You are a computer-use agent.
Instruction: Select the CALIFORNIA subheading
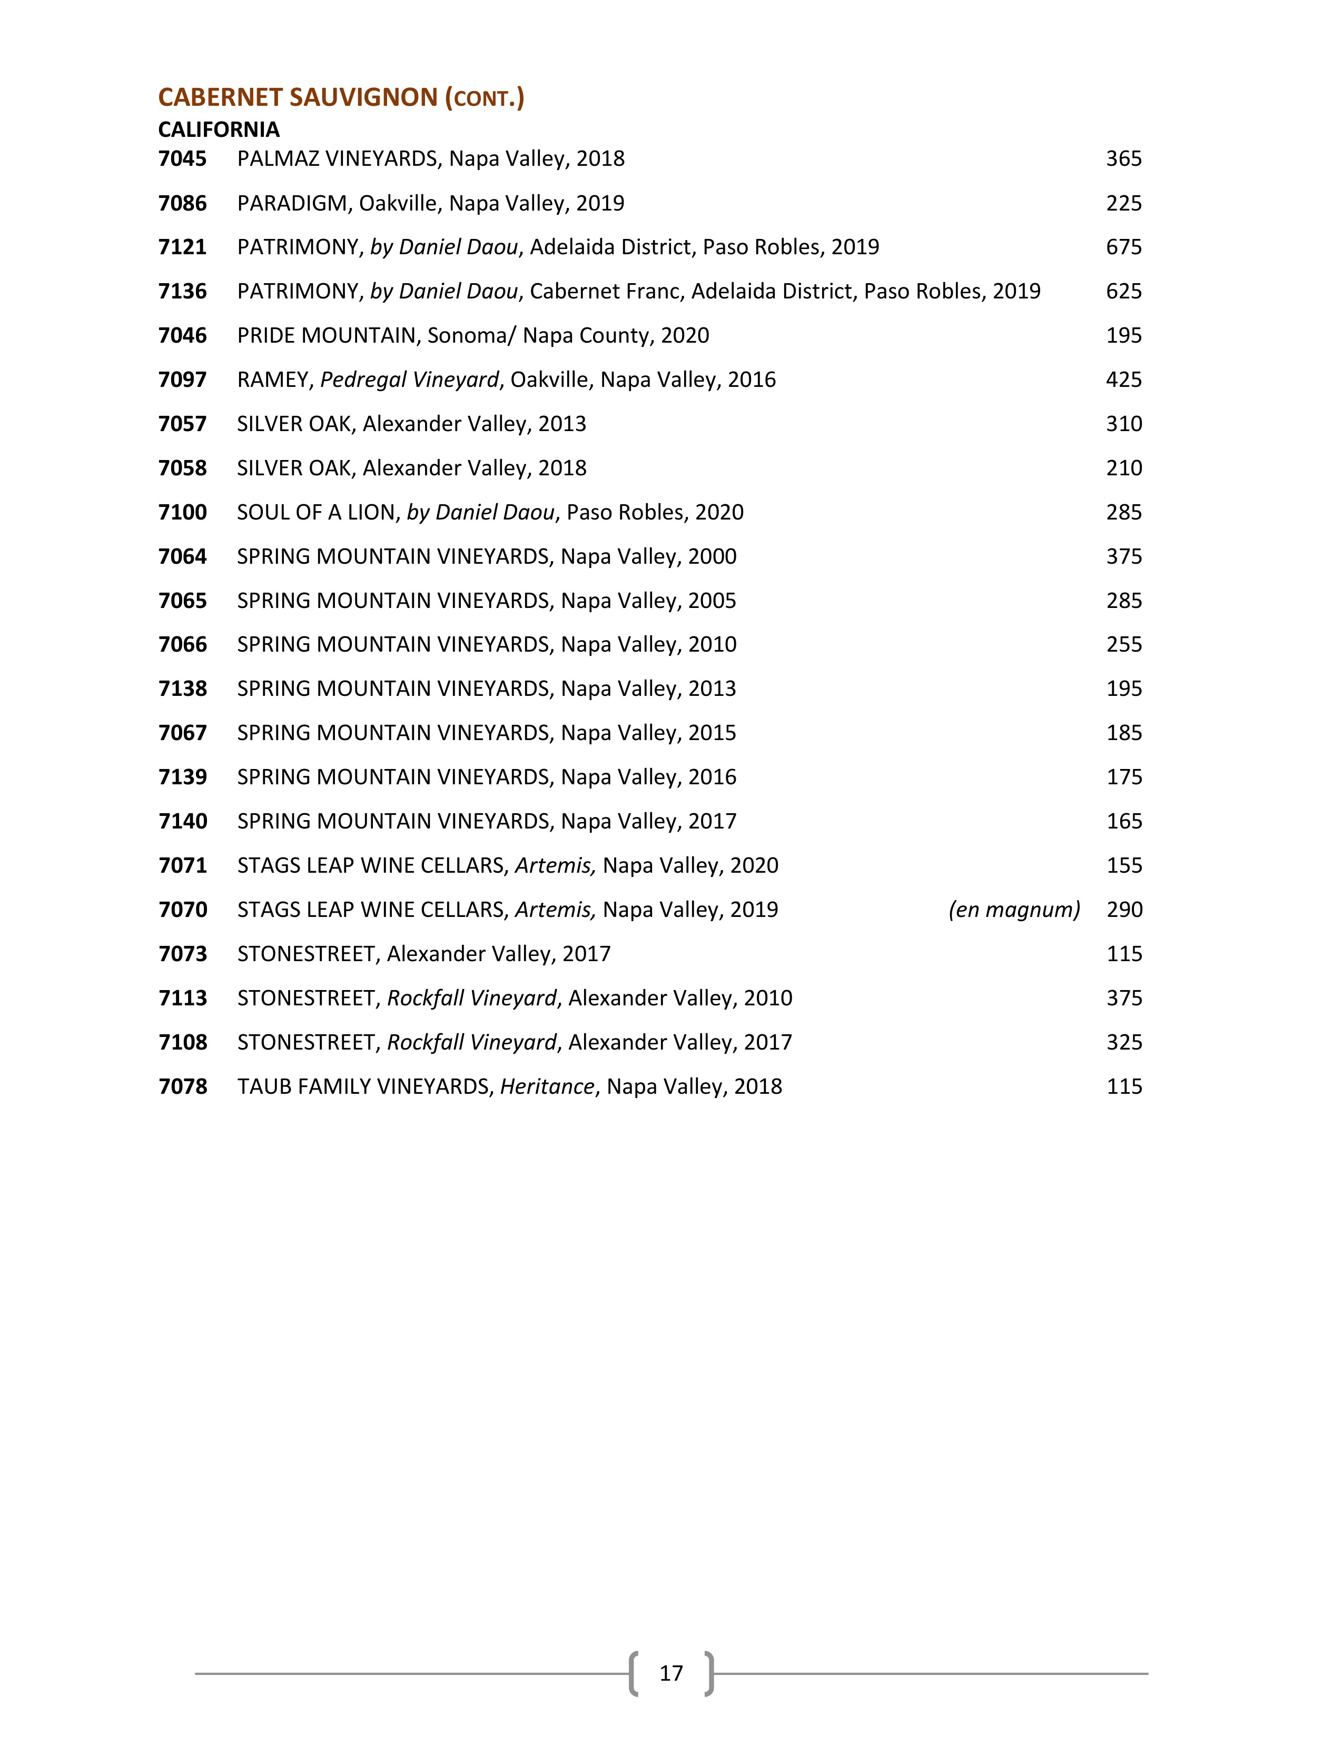[x=219, y=129]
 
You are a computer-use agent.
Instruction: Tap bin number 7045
[x=182, y=159]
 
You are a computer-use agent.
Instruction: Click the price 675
[x=1123, y=247]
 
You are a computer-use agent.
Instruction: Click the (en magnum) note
[x=1014, y=910]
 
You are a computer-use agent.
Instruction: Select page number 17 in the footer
[x=670, y=1673]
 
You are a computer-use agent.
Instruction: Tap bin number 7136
[x=182, y=292]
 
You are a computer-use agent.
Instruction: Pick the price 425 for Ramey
[x=1123, y=380]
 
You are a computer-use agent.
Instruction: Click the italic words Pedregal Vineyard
[x=409, y=380]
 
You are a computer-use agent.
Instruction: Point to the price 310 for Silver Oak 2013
[x=1123, y=424]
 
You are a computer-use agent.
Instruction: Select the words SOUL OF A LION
[x=316, y=512]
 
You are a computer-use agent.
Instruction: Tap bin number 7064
[x=182, y=557]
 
